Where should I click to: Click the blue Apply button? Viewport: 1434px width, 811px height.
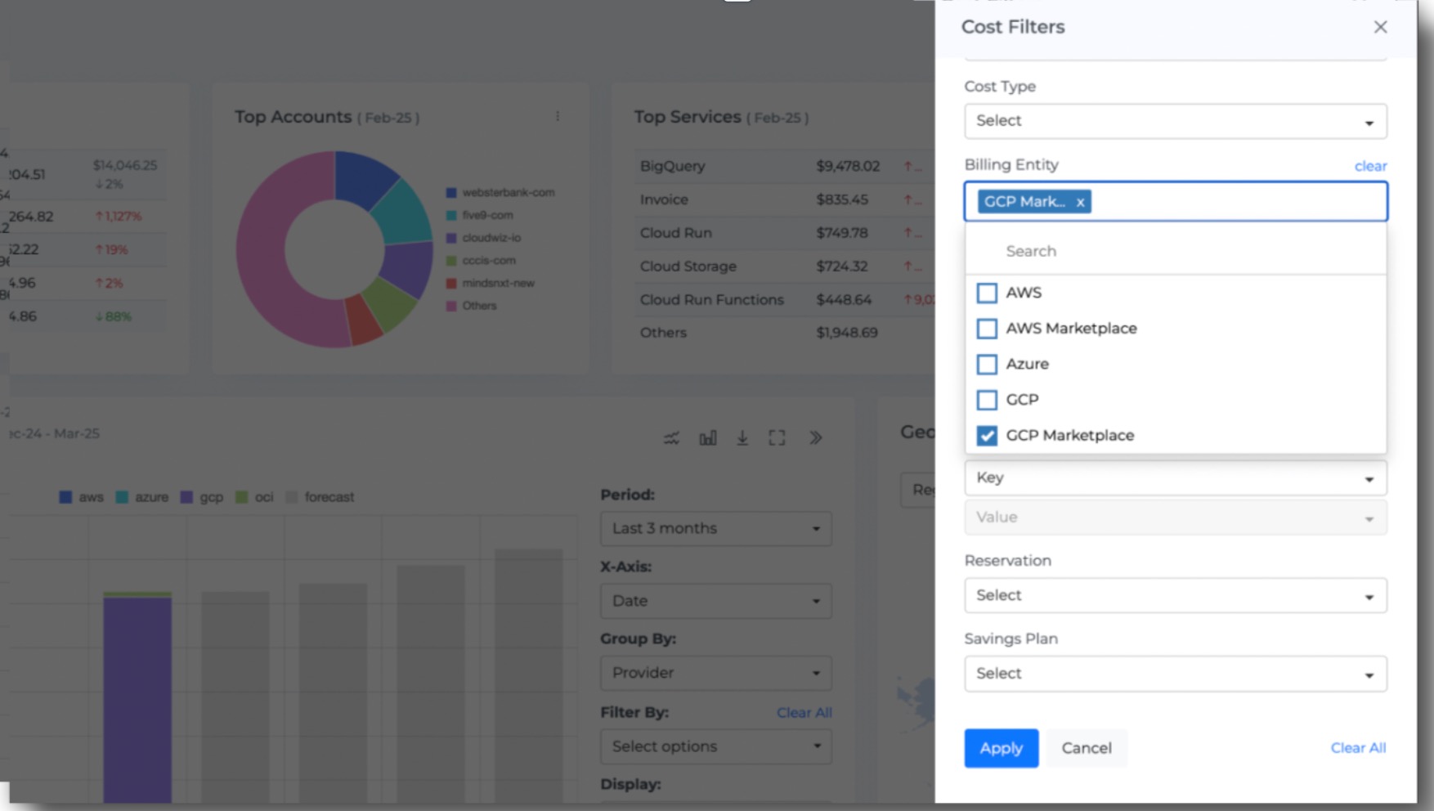tap(1001, 748)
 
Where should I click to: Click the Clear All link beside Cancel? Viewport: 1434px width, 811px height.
tap(1358, 748)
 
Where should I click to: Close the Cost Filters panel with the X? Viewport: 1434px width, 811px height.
tap(1380, 27)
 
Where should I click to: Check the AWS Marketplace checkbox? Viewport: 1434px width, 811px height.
tap(987, 329)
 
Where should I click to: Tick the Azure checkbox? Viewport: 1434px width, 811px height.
tap(987, 365)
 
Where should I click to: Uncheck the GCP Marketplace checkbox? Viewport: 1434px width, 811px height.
tap(987, 436)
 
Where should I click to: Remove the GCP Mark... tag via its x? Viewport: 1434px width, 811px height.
tap(1080, 202)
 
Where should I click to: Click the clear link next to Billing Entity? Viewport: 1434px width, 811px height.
tap(1370, 166)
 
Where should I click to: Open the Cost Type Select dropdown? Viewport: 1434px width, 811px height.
tap(1175, 121)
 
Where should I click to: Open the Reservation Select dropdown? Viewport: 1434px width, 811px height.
tap(1175, 595)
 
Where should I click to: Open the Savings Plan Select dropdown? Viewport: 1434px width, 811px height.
tap(1175, 674)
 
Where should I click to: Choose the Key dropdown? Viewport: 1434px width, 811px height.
tap(1175, 477)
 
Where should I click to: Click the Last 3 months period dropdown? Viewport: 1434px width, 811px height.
tap(715, 529)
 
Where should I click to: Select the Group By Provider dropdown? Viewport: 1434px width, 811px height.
tap(715, 673)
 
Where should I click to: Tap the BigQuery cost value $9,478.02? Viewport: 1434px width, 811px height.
tap(848, 166)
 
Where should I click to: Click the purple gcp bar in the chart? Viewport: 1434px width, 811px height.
tap(137, 695)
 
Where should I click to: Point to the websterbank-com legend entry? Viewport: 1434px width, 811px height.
tap(508, 193)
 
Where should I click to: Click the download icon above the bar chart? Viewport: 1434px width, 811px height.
tap(742, 438)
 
